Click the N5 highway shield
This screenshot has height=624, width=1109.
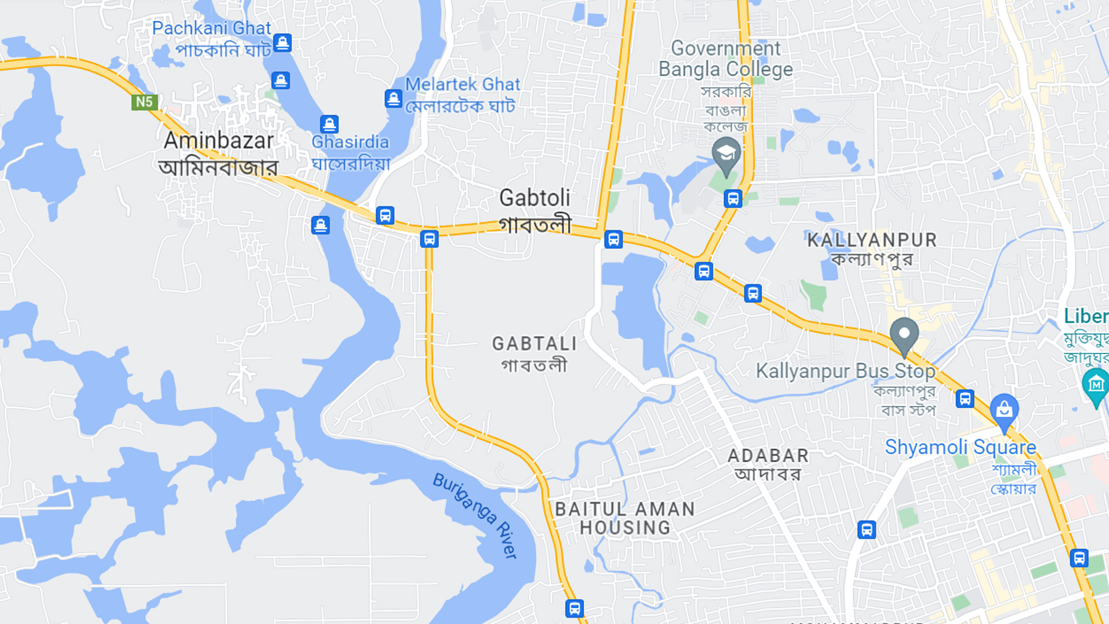point(144,102)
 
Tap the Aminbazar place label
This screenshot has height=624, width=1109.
point(218,141)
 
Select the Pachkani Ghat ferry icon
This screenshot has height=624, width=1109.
point(282,43)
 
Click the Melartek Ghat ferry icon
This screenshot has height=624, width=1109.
point(393,99)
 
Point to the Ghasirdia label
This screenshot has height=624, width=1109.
point(350,142)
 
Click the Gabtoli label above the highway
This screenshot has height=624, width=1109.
point(534,198)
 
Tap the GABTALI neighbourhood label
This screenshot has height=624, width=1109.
point(534,344)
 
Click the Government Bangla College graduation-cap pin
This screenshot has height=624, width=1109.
point(726,155)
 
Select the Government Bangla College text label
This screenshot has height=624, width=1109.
point(725,59)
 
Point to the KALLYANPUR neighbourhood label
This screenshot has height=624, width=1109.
point(872,240)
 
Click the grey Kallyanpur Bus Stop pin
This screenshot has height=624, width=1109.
point(904,335)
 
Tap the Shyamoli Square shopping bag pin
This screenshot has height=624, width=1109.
point(1004,411)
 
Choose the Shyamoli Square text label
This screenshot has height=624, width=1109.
point(960,447)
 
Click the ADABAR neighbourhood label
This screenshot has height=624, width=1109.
point(768,456)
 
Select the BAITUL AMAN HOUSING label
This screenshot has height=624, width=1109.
point(625,518)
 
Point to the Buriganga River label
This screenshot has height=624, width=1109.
point(475,515)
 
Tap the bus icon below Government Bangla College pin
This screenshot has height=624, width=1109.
point(733,199)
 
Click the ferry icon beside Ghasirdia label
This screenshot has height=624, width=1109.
point(329,124)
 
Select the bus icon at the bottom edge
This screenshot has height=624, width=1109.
point(574,608)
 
